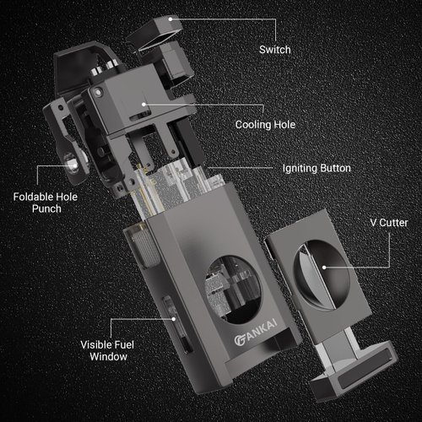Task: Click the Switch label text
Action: (x=274, y=50)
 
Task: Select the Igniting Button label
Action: (x=313, y=169)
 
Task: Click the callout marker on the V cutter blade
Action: (x=326, y=268)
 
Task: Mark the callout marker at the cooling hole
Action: (x=144, y=105)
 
